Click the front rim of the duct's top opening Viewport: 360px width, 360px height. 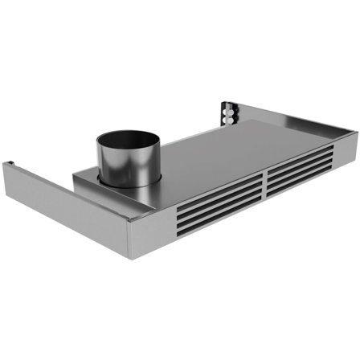point(129,153)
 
